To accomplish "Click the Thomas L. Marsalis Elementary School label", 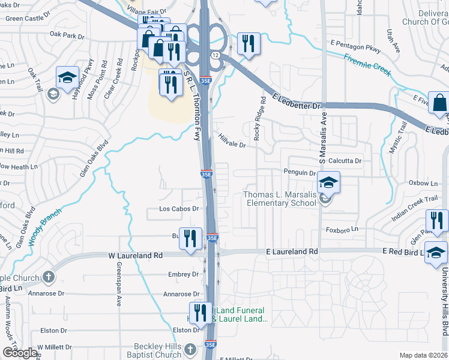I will coord(279,199).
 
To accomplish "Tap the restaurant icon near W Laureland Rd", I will coord(191,239).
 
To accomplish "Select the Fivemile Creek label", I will coord(367,65).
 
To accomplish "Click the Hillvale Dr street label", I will coord(232,140).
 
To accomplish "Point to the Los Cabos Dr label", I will coord(178,209).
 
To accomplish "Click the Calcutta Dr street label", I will coord(345,161).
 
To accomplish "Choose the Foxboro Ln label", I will coord(342,229).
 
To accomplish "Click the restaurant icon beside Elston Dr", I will coord(201,312).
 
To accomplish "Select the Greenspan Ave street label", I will coord(119,283).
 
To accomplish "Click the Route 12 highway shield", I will coord(214,55).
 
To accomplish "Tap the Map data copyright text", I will coord(423,355).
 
